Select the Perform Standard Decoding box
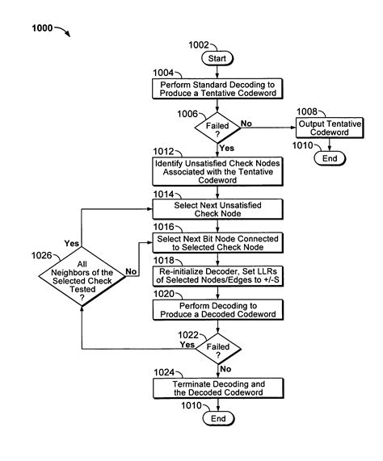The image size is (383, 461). (x=219, y=89)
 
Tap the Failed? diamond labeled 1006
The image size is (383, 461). (x=219, y=128)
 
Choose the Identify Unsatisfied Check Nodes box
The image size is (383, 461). (x=219, y=169)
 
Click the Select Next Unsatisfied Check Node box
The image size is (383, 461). (x=219, y=208)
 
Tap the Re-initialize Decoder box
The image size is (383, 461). (x=219, y=279)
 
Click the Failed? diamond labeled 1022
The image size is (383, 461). (x=219, y=349)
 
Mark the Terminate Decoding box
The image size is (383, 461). (x=219, y=388)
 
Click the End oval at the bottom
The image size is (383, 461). (x=219, y=420)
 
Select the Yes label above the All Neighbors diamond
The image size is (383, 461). (x=70, y=243)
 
